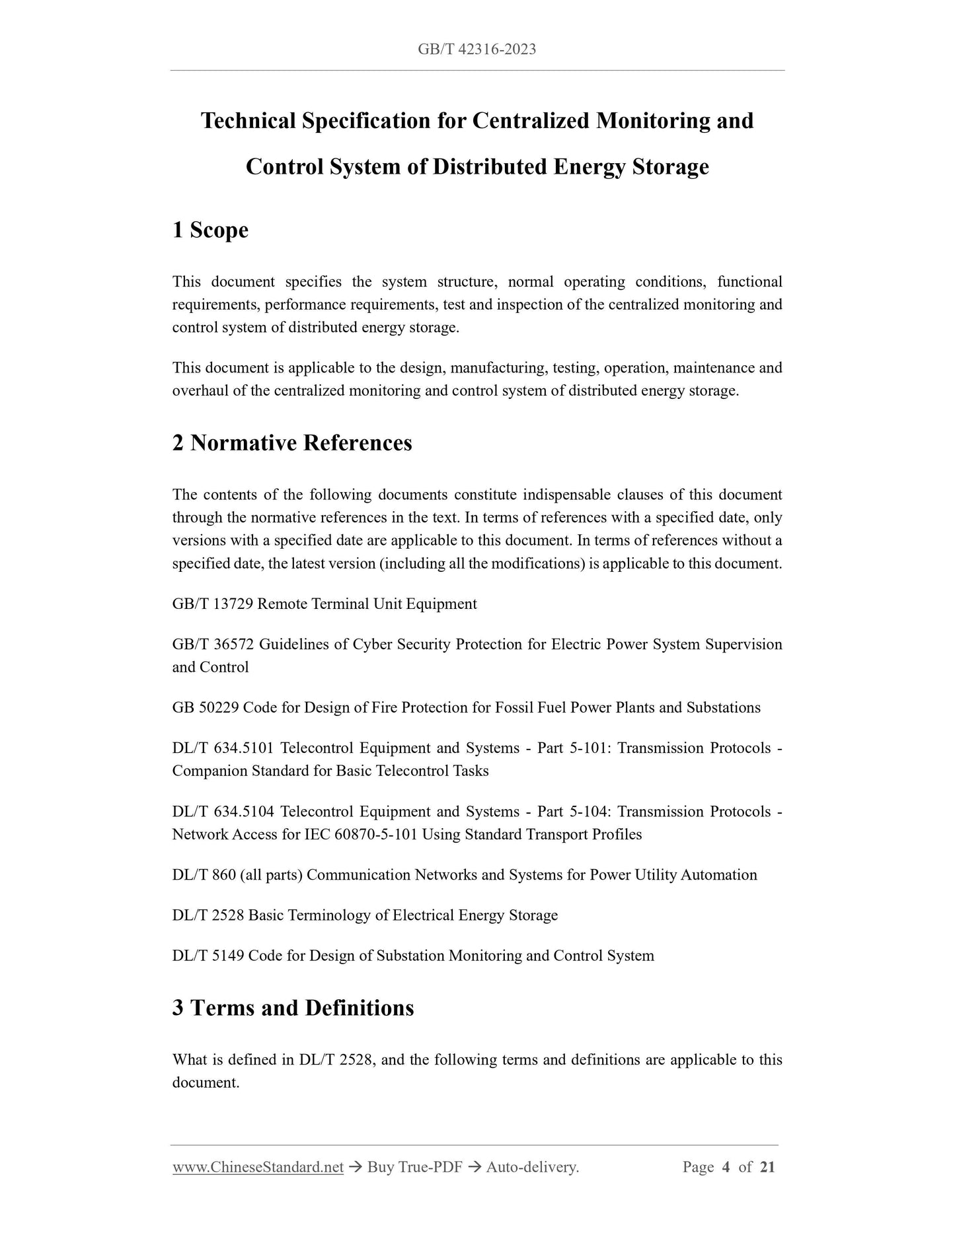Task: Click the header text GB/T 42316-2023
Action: [x=477, y=50]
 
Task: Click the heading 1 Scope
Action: [x=210, y=230]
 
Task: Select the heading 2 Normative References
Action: [x=291, y=443]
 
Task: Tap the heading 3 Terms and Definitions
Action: [x=293, y=1008]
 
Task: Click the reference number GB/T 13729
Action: [x=212, y=604]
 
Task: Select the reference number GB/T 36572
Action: [x=212, y=645]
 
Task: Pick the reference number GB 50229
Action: [x=206, y=708]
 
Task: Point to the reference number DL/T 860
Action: [x=204, y=875]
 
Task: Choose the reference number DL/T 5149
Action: [x=208, y=956]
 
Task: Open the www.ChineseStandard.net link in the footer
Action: [x=258, y=1168]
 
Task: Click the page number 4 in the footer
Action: [x=726, y=1168]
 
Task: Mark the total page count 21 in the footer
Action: [x=767, y=1168]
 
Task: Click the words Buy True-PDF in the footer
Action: [x=414, y=1168]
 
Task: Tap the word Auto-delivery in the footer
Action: [x=532, y=1168]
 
